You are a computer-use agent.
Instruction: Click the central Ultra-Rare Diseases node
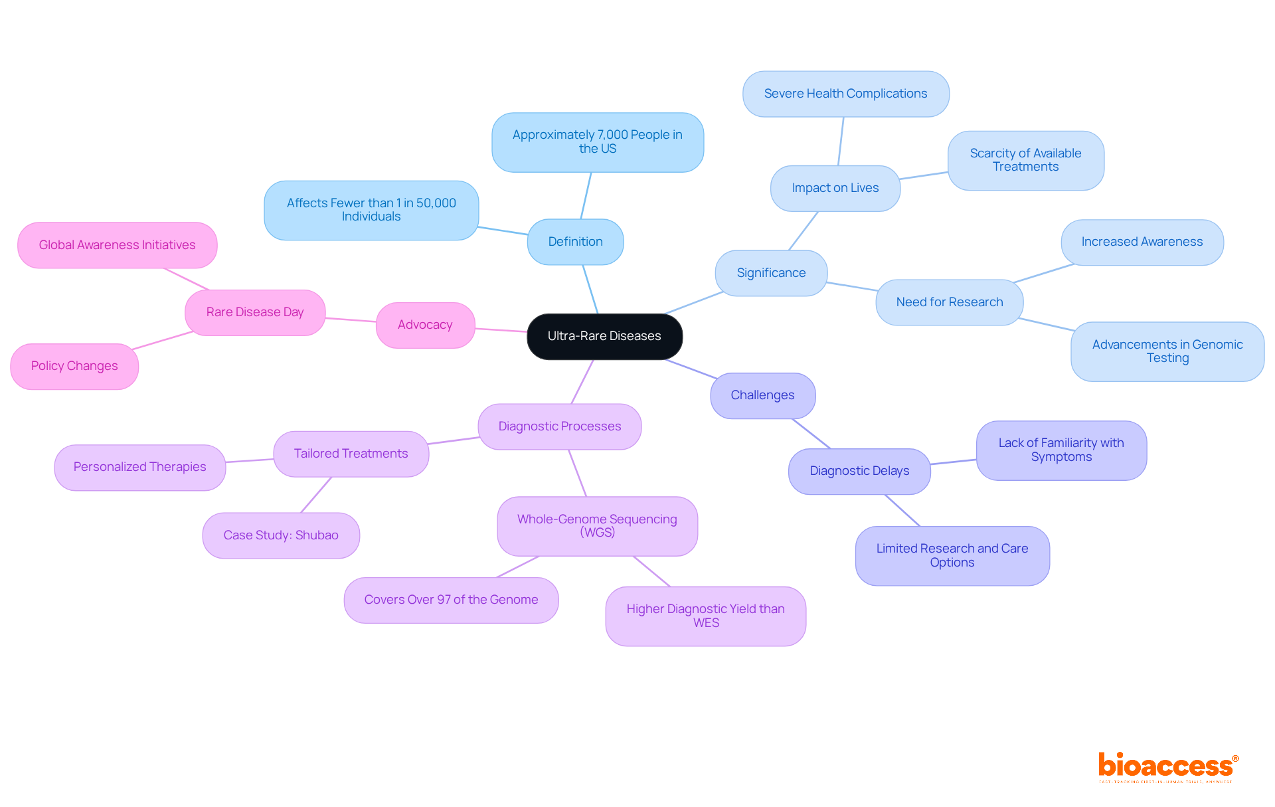point(604,336)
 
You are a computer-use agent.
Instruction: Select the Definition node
point(575,242)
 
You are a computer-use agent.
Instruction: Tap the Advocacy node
point(425,325)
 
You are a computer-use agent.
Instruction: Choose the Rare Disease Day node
point(255,312)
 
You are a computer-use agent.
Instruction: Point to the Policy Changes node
point(74,366)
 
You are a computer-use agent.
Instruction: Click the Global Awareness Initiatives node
point(117,245)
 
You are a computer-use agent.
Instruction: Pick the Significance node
point(771,273)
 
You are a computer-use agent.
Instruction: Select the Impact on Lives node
point(835,188)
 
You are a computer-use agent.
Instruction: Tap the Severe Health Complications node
point(845,94)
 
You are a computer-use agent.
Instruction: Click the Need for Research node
point(949,302)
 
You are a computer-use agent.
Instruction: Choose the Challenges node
point(762,395)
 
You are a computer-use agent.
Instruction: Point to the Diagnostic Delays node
point(859,471)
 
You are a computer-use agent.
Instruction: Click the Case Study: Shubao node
point(281,535)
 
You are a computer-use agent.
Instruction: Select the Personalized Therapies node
point(139,467)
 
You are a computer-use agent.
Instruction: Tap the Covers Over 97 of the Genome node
point(451,600)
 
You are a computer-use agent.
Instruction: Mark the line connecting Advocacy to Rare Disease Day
point(351,319)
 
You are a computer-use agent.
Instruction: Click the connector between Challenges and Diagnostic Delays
point(811,433)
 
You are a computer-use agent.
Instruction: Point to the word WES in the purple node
point(706,623)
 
